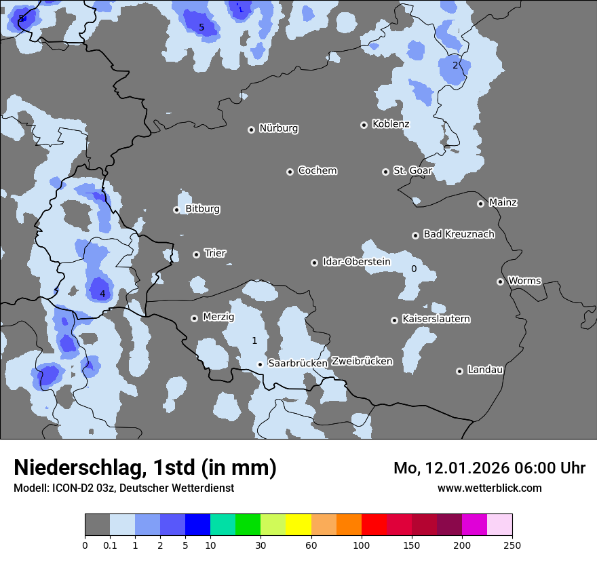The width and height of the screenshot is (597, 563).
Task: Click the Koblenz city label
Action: (391, 124)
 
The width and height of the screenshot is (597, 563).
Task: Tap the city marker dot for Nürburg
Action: (251, 129)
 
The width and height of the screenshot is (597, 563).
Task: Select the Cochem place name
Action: (317, 171)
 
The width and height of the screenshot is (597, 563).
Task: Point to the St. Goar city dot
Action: (385, 172)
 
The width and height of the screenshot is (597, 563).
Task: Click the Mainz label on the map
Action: (503, 202)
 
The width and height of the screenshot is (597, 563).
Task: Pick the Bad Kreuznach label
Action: (459, 234)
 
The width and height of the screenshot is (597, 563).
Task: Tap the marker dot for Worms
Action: (500, 281)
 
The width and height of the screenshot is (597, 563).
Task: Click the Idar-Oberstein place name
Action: (356, 262)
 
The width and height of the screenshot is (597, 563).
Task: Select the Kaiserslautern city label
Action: (436, 319)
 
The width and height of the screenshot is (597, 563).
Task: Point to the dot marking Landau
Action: (459, 371)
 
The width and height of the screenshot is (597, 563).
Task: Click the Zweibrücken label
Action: (362, 362)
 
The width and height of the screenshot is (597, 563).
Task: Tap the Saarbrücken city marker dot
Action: (260, 364)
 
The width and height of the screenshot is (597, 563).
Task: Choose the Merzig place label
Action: (218, 317)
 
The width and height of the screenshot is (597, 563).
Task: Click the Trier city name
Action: (215, 253)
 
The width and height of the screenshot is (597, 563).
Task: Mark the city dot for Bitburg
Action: (176, 210)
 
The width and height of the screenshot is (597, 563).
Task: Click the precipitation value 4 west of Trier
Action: (102, 294)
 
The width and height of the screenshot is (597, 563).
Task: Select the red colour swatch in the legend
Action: (374, 525)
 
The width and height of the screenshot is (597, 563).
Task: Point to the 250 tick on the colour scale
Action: (512, 545)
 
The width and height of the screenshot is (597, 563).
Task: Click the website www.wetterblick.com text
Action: (489, 488)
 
